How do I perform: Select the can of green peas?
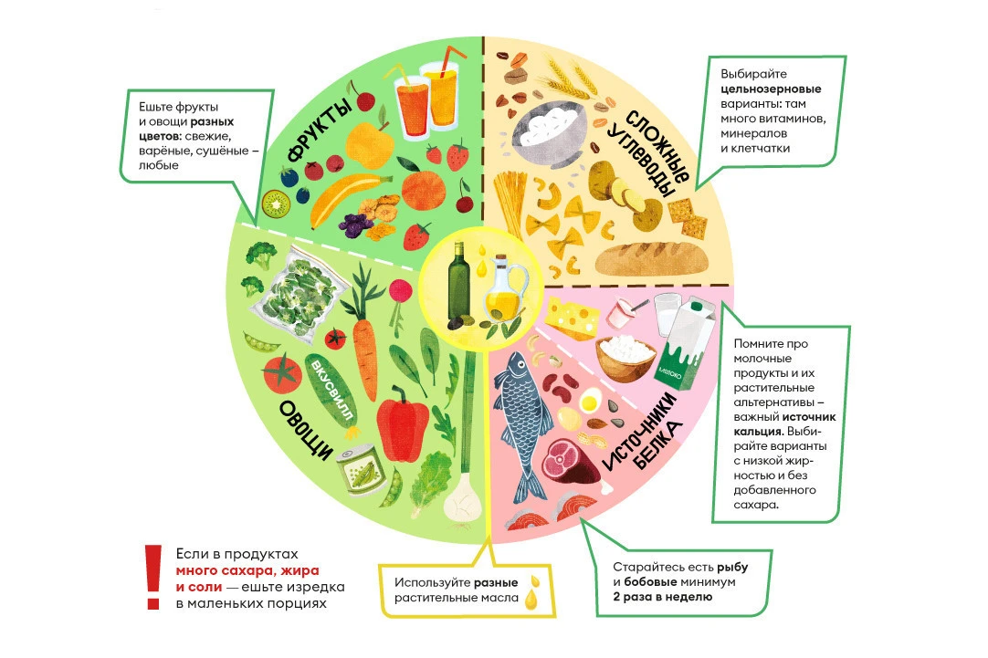(x=362, y=471)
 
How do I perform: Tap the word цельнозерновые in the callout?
(x=771, y=90)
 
